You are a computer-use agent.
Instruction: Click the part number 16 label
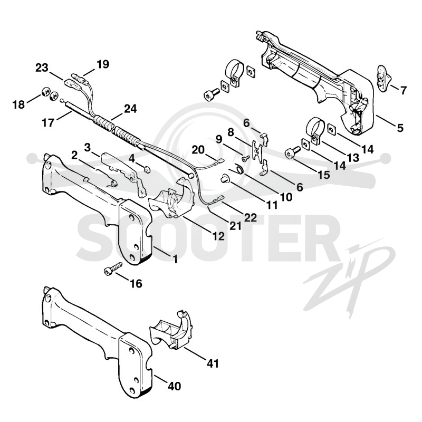136,283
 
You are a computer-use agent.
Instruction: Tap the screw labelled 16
113,268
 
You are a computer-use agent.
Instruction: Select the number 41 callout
213,363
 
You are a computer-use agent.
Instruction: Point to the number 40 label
174,386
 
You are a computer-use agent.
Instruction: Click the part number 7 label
403,90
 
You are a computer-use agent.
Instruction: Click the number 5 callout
400,128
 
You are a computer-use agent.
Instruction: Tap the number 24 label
130,109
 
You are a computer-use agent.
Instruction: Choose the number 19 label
103,64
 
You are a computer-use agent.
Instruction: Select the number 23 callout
42,68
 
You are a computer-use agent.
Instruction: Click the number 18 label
18,104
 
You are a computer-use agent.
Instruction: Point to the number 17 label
48,122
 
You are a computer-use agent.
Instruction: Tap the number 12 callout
218,236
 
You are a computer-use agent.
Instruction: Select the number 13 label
353,157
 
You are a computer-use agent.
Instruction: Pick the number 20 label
198,150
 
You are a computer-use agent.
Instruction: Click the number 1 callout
175,259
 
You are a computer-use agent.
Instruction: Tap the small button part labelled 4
147,169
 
